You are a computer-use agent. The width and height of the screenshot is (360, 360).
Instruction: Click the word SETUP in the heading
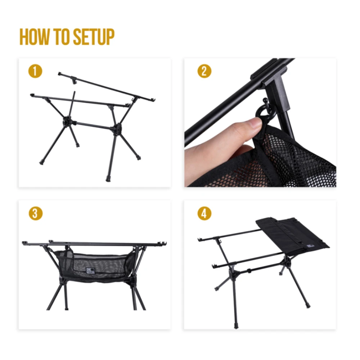point(94,37)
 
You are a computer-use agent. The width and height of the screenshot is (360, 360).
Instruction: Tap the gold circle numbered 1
point(35,71)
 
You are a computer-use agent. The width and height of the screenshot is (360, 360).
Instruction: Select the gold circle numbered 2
point(204,71)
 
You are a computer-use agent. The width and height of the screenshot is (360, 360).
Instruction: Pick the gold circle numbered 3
point(35,213)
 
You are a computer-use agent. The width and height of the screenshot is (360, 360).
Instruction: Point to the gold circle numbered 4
point(204,213)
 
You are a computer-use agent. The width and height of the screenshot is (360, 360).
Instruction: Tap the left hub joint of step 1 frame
point(67,121)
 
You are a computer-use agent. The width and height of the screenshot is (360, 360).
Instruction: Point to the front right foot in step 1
point(108,178)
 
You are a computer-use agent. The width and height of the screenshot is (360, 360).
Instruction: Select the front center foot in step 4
point(235,326)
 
